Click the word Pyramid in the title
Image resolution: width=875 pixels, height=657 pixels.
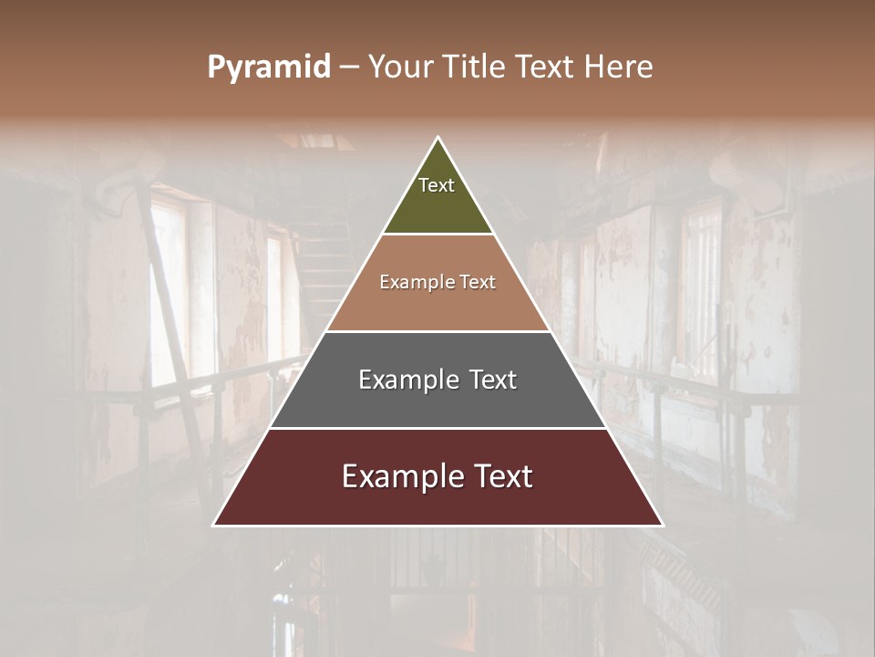pyautogui.click(x=268, y=68)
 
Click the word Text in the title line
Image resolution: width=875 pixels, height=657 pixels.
pyautogui.click(x=546, y=67)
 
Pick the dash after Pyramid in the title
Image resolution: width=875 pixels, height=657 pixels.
pyautogui.click(x=349, y=68)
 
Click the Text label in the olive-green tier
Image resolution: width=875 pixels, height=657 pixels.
pyautogui.click(x=437, y=185)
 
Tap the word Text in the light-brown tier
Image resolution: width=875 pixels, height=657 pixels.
pyautogui.click(x=476, y=283)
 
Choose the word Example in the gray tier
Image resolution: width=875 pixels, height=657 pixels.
pyautogui.click(x=405, y=380)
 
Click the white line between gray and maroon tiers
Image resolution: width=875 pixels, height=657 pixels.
pyautogui.click(x=437, y=428)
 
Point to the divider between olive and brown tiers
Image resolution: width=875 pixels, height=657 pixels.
pyautogui.click(x=437, y=235)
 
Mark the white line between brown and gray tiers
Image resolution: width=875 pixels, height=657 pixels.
pyautogui.click(x=437, y=331)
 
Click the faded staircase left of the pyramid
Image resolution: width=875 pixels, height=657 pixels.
pyautogui.click(x=324, y=265)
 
